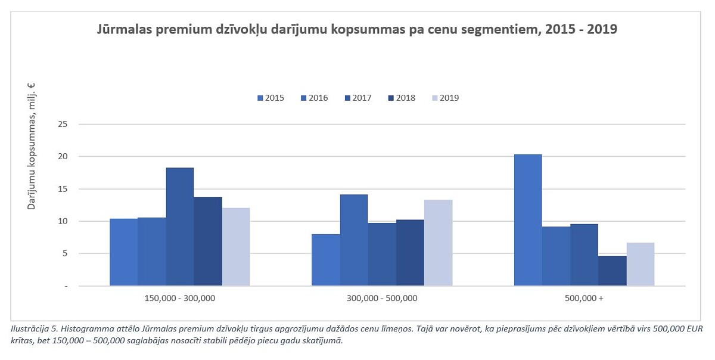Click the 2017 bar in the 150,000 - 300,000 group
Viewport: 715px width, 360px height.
point(179,226)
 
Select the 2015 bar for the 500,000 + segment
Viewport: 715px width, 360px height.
point(528,220)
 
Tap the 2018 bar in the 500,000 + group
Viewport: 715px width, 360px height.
point(613,271)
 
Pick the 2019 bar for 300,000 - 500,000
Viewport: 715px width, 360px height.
point(439,243)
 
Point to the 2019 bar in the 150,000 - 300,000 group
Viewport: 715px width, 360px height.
point(236,247)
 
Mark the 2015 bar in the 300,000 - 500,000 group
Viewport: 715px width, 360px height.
point(326,260)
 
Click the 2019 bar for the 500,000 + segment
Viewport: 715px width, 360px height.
point(641,264)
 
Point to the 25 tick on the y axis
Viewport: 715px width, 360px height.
point(63,124)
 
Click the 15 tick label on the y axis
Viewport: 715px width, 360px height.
point(63,189)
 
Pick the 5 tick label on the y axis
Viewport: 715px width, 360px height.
point(64,253)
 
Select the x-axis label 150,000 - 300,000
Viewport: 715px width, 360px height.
point(179,298)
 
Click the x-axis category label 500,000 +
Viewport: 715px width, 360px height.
point(584,298)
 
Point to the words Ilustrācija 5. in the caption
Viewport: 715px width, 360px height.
point(34,329)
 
